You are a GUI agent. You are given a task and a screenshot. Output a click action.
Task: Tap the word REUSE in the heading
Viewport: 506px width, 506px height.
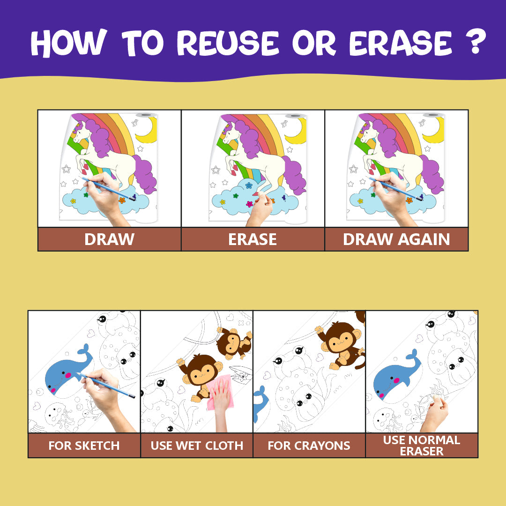coord(228,43)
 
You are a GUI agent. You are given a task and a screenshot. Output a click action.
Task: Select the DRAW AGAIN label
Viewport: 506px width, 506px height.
coord(396,239)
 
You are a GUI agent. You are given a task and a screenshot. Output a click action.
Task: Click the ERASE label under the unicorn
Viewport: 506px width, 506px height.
coord(253,239)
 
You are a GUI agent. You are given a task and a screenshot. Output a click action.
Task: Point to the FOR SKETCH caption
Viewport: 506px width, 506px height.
coord(84,446)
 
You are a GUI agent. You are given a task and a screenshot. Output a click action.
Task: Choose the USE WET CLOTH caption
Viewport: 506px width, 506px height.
coord(197,446)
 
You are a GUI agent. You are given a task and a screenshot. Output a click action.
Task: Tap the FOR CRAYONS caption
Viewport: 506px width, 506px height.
coord(309,446)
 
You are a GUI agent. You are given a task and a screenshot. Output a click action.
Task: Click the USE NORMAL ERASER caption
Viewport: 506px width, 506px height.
coord(422,446)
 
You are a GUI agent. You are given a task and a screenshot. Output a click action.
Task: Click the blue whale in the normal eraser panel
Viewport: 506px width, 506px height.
coord(395,376)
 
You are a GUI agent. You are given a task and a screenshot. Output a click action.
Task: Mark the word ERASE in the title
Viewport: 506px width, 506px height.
coord(401,43)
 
